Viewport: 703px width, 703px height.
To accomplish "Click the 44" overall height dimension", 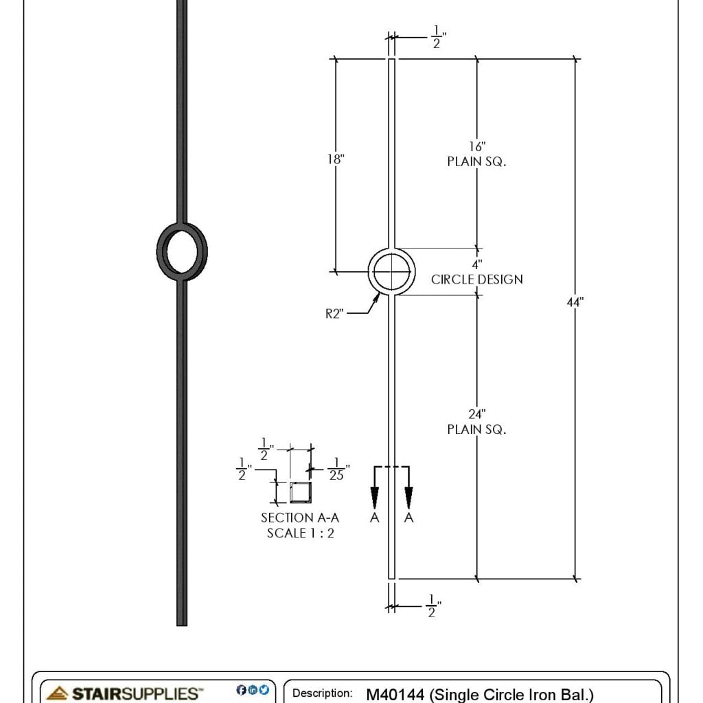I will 575,302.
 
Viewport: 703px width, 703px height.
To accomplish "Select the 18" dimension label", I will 335,159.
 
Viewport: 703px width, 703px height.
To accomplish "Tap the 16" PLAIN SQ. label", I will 476,154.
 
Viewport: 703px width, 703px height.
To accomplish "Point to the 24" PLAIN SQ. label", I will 476,422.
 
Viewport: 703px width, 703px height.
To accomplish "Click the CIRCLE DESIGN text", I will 476,279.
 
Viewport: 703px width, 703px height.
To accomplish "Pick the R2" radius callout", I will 334,314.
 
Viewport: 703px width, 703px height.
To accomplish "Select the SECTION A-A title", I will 300,518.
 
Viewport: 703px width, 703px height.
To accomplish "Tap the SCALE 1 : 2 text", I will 300,533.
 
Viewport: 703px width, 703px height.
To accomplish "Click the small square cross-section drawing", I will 300,492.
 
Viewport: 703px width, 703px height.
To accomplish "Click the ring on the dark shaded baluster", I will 182,251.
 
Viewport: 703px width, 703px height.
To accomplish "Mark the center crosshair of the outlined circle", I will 391,272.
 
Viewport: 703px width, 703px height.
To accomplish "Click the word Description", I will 322,693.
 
